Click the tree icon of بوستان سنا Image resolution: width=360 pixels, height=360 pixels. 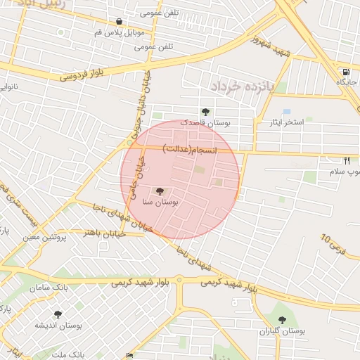click(160, 191)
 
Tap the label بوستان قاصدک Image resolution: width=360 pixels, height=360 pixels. click(205, 122)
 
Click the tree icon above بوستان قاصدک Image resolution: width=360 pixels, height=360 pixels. click(205, 111)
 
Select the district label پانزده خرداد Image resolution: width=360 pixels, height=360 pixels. click(239, 86)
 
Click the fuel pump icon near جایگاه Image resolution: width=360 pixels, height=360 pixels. click(346, 72)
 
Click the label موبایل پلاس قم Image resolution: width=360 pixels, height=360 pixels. click(120, 33)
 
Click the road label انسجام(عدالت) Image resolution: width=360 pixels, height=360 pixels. click(191, 149)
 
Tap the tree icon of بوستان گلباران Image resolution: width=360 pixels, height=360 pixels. click(282, 320)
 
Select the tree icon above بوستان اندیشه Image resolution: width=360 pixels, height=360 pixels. click(58, 314)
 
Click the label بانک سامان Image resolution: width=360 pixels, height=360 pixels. click(49, 288)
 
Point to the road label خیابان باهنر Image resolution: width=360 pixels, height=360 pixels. click(105, 233)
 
